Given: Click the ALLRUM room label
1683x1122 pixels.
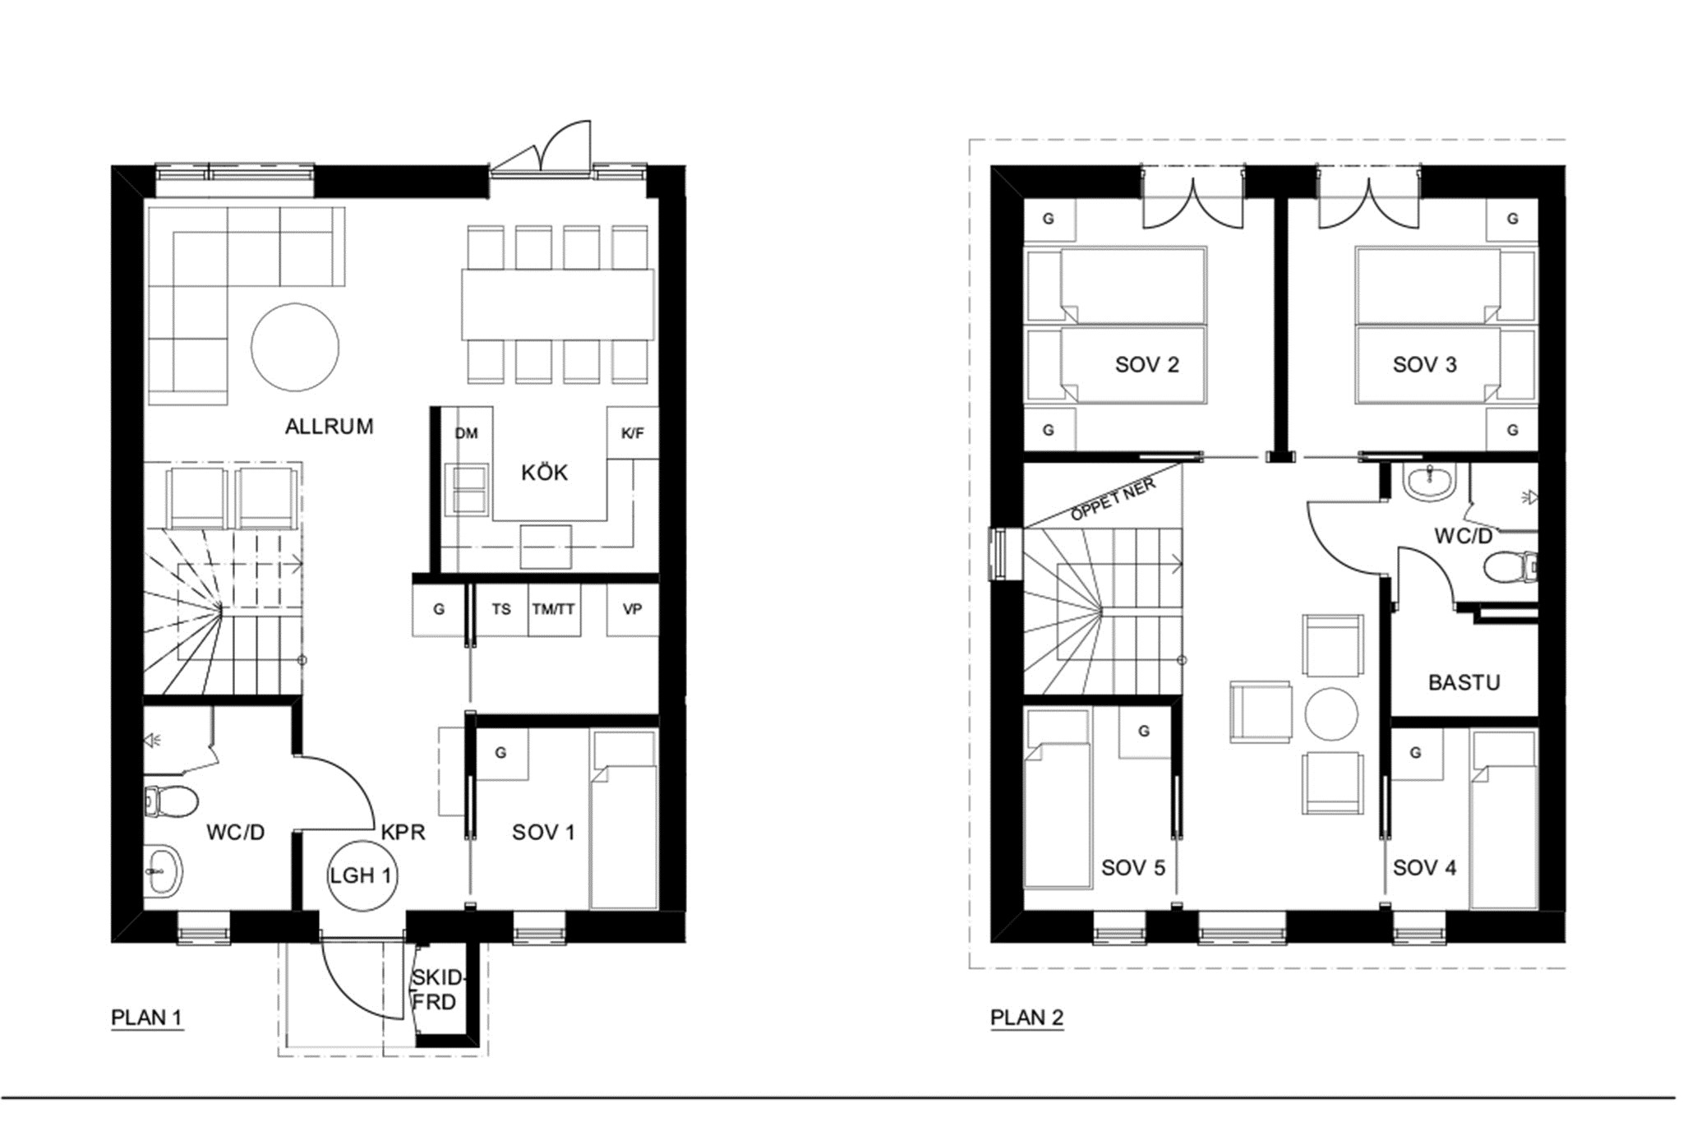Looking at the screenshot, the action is coord(329,426).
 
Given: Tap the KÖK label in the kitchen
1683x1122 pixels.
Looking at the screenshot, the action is coord(544,472).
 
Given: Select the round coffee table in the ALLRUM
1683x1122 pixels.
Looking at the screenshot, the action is coord(294,347).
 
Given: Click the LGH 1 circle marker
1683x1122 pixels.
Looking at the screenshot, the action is coord(361,875).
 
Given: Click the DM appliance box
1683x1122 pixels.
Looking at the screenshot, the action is coord(466,433).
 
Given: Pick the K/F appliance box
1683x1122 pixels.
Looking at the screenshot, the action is coord(632,433).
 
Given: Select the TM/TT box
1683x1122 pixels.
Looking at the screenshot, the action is coord(554,609).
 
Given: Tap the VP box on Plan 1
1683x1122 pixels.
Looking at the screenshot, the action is coord(632,609).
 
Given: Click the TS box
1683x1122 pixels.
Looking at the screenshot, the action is coord(501,609).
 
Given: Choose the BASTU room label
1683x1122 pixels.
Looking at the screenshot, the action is coord(1464,682).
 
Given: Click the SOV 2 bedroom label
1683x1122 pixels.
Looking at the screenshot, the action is coord(1146,365).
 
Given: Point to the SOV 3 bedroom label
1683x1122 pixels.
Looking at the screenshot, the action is coord(1424,365).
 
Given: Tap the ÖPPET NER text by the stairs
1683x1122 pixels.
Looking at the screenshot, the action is coord(1114,499).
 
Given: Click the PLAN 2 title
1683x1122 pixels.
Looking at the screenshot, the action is coord(1026,1018).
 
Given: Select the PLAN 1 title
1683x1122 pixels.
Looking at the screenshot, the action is coord(146,1018).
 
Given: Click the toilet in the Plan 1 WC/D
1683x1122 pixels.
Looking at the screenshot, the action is coord(170,801).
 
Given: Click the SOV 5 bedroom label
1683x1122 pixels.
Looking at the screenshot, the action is coord(1133,868).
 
